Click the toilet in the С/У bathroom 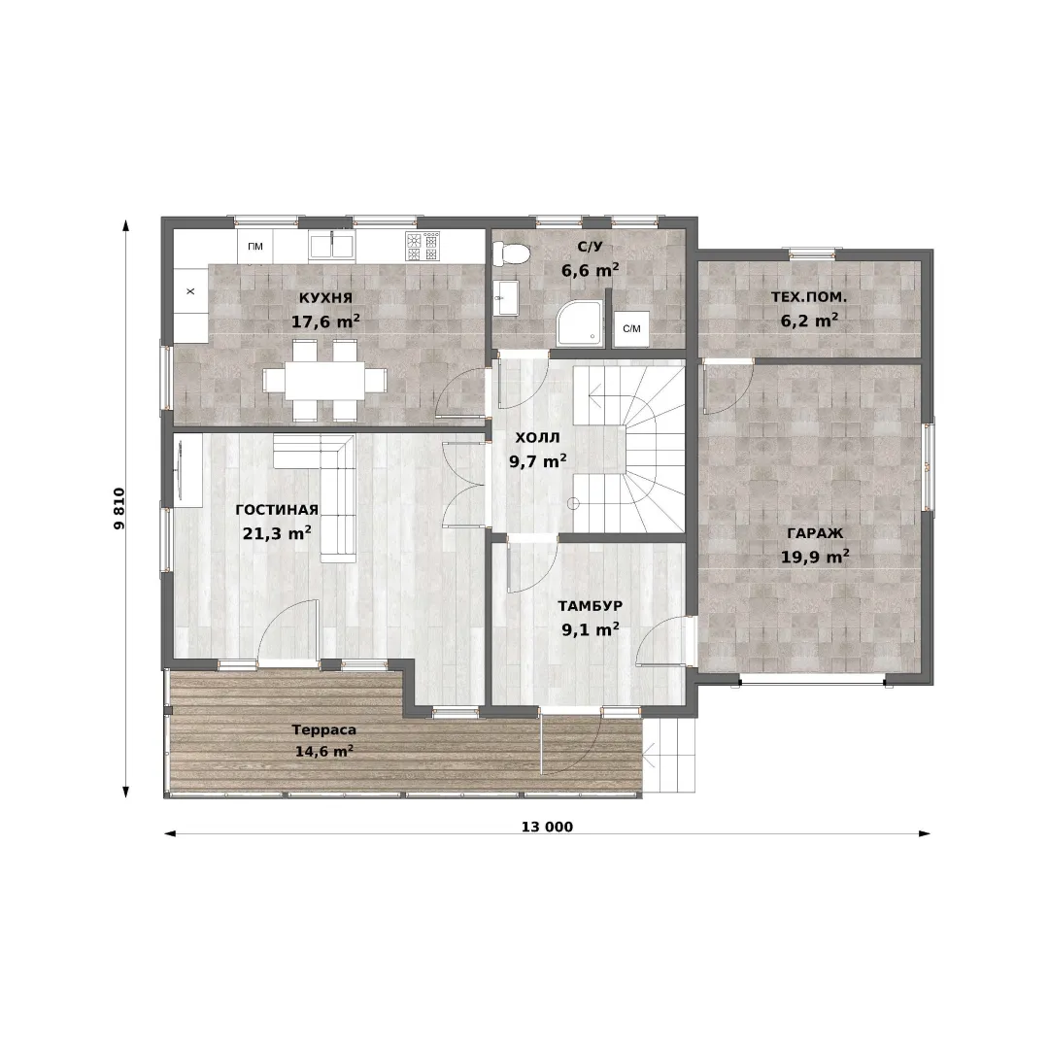point(511,254)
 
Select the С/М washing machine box point(631,328)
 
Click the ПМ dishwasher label point(254,246)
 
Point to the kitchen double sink point(332,245)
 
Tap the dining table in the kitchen point(324,380)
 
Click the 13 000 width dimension point(547,827)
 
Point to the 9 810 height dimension point(119,508)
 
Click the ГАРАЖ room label point(815,533)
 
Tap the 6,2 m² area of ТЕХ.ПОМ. point(809,321)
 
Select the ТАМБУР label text point(591,605)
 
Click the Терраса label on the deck point(323,729)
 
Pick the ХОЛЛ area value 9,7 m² point(538,461)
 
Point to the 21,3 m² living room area point(276,533)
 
